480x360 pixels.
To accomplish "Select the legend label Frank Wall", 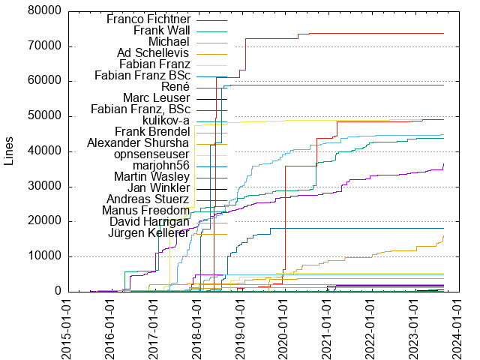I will coord(161,30).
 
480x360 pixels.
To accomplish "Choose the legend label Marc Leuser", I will coord(155,97).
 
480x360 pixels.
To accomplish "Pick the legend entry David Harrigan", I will coord(149,221).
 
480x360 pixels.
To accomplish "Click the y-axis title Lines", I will coord(9,151).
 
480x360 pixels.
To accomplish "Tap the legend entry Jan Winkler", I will coord(158,187).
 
